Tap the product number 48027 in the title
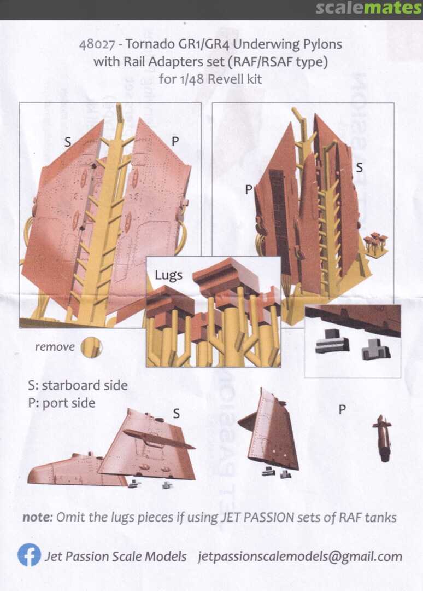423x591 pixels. click(x=97, y=44)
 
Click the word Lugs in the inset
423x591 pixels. click(x=168, y=275)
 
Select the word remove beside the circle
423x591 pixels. click(x=55, y=347)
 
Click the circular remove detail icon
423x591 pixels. click(x=91, y=347)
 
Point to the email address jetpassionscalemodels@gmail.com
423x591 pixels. click(x=300, y=557)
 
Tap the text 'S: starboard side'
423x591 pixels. click(x=78, y=385)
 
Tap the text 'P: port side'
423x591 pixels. click(x=62, y=403)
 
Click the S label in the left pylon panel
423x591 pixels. click(x=68, y=142)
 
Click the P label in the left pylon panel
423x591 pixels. click(x=175, y=141)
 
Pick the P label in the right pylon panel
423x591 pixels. click(x=248, y=189)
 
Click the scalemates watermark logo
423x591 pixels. click(x=368, y=8)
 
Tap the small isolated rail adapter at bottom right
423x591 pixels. click(x=382, y=438)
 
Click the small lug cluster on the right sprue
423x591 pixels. click(x=375, y=244)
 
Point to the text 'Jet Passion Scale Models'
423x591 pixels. click(x=115, y=557)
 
